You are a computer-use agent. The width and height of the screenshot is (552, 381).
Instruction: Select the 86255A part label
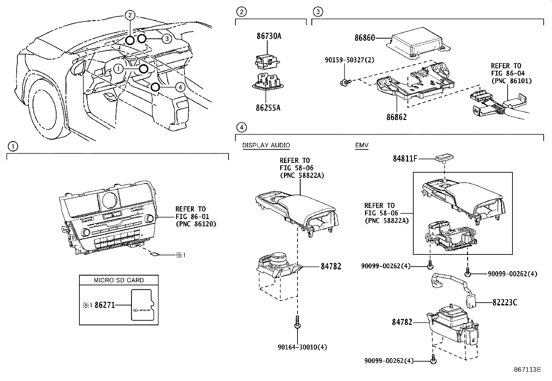(x=268, y=108)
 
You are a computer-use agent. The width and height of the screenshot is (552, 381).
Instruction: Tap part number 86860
(x=364, y=38)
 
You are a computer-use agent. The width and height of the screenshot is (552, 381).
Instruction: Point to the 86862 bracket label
(x=396, y=117)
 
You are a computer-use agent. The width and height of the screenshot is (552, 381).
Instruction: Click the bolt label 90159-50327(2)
(x=350, y=60)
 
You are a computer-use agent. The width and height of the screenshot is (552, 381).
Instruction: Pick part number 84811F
(x=405, y=159)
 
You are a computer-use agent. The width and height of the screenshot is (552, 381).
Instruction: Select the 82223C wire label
(x=504, y=303)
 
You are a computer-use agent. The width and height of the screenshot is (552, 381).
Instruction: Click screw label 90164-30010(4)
(x=302, y=347)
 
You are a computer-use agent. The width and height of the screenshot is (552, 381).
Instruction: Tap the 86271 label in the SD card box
(x=104, y=305)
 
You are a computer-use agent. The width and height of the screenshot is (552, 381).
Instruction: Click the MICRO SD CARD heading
(x=119, y=280)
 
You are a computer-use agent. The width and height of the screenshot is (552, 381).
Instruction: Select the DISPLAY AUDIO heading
(x=266, y=145)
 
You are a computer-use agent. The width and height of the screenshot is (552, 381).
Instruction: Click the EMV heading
(x=362, y=145)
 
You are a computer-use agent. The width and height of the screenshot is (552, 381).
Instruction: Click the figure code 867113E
(x=527, y=370)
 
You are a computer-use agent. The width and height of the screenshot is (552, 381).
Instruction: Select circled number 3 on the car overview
(x=167, y=38)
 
